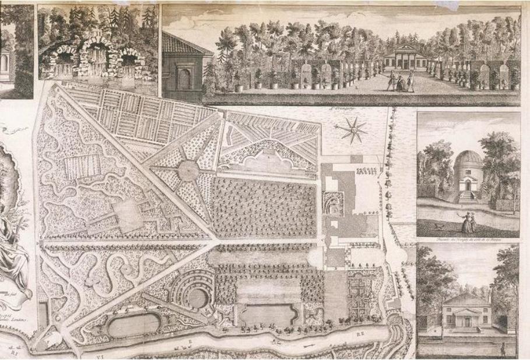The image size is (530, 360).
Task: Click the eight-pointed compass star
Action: [354, 129]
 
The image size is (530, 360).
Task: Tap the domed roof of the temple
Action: [466, 158]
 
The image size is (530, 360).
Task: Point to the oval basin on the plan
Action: [134, 324]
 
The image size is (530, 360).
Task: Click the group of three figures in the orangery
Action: [401, 82]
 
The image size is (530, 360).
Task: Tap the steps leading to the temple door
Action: [467, 197]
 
